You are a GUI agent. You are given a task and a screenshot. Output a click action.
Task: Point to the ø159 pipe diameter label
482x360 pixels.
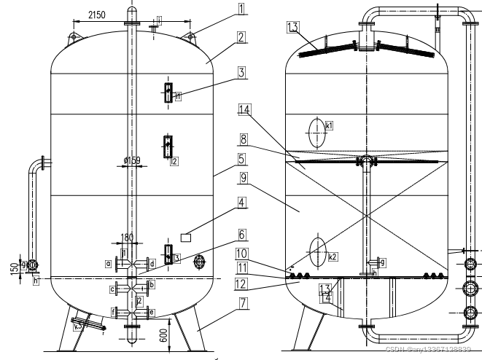click(x=131, y=160)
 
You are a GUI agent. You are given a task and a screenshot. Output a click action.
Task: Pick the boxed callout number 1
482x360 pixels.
click(x=241, y=9)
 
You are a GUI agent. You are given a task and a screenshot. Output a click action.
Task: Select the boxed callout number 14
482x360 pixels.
click(x=245, y=109)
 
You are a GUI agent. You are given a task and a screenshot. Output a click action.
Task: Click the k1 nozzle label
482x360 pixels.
click(x=330, y=126)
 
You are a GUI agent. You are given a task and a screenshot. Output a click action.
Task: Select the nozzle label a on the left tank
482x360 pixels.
click(x=108, y=262)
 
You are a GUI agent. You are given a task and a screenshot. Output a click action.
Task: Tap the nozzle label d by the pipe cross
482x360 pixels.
click(x=152, y=262)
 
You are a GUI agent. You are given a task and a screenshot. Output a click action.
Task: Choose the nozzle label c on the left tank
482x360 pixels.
click(x=113, y=290)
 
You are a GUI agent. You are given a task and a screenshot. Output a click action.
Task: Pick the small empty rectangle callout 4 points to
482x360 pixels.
click(x=186, y=237)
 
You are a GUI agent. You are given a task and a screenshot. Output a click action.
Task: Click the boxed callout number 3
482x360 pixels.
click(x=241, y=73)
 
